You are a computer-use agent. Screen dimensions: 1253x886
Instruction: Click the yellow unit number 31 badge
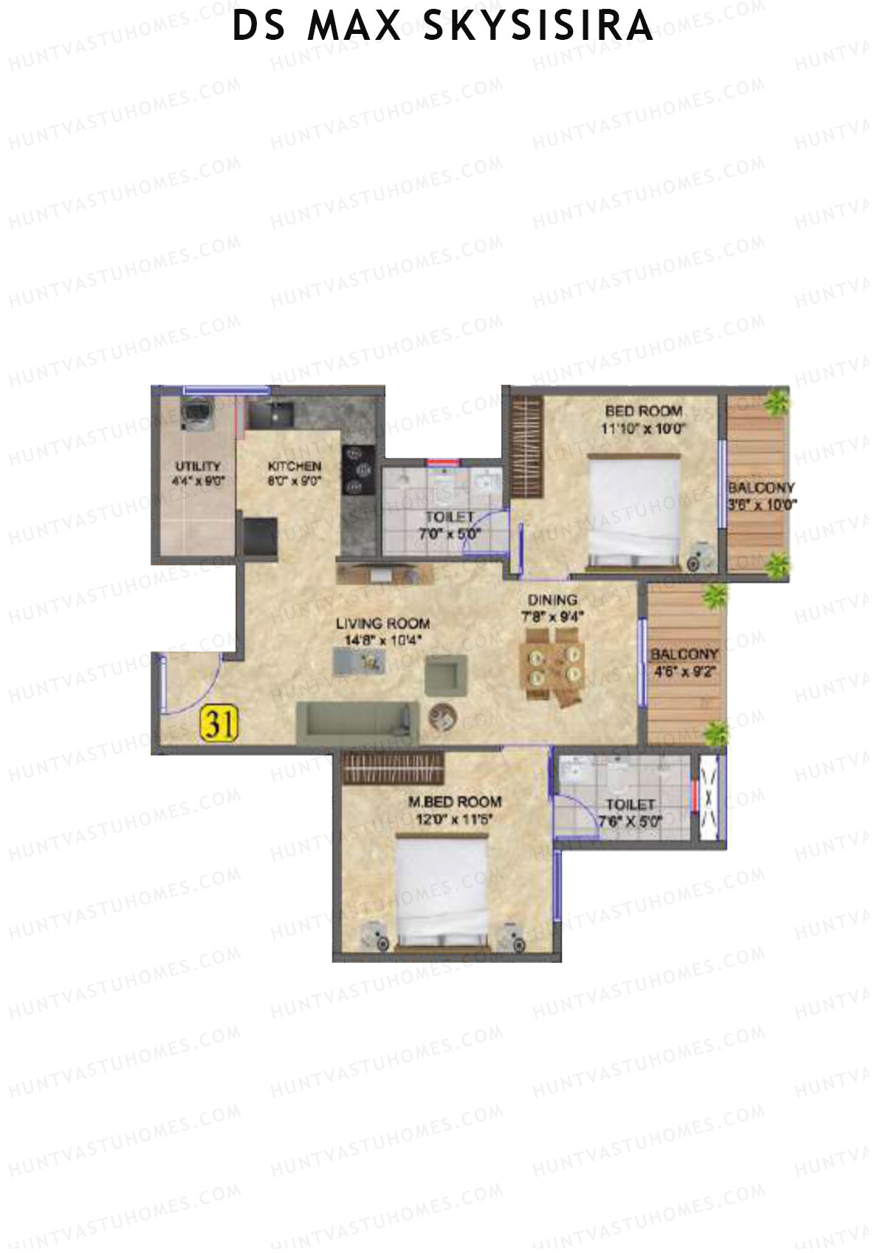pos(219,724)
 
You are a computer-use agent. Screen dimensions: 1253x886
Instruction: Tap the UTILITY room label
pos(198,466)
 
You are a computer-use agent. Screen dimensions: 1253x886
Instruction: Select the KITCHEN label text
pos(294,466)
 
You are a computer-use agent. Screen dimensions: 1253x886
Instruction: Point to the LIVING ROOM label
pos(382,624)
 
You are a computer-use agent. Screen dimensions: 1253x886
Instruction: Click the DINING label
pos(552,600)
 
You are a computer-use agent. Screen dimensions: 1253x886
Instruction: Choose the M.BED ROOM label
pos(455,801)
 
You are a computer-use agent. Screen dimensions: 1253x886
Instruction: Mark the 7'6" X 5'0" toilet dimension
pos(630,820)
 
